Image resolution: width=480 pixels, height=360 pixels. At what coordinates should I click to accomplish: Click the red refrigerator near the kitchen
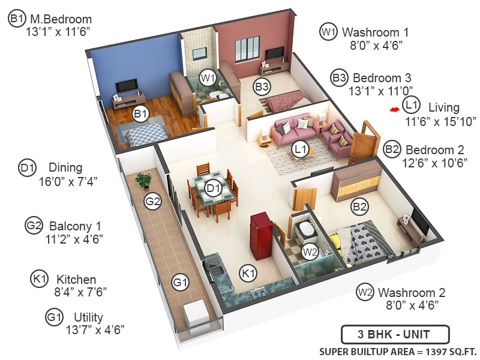[x=261, y=230]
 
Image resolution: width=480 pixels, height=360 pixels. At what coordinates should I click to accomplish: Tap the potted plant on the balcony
[x=143, y=179]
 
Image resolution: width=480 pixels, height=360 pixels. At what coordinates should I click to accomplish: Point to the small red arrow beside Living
[x=394, y=110]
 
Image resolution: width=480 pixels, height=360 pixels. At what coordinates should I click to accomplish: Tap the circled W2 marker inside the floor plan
[x=310, y=252]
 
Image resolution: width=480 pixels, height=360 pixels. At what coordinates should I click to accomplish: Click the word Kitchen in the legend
[x=76, y=280]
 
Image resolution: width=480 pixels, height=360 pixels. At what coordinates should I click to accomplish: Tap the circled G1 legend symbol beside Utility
[x=55, y=317]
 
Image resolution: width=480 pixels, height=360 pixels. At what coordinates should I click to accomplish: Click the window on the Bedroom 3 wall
[x=247, y=49]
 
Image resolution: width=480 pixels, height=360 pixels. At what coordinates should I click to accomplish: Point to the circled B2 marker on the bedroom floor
[x=359, y=208]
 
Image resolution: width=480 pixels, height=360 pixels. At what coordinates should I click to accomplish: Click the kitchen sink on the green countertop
[x=217, y=276]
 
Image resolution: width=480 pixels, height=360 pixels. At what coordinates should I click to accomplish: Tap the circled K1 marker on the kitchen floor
[x=248, y=274]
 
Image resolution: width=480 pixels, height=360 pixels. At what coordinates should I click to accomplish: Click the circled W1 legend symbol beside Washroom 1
[x=328, y=32]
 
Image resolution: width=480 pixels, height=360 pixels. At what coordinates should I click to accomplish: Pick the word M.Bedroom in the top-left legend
[x=59, y=19]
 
